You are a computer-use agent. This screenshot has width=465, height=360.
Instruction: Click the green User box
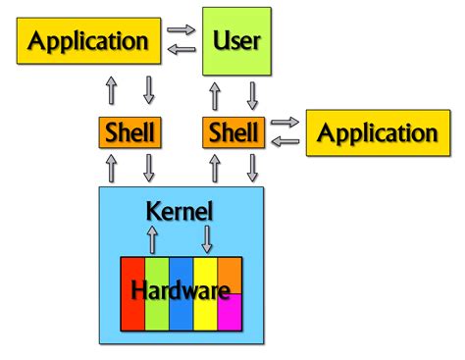click(x=236, y=41)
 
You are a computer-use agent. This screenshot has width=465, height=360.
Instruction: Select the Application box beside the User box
click(x=89, y=41)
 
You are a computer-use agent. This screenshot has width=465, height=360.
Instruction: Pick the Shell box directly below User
click(x=232, y=132)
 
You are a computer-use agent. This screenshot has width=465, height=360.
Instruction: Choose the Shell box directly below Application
click(x=129, y=132)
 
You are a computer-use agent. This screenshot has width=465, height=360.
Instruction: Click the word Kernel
click(x=179, y=211)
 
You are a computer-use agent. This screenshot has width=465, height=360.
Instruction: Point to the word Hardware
click(x=181, y=290)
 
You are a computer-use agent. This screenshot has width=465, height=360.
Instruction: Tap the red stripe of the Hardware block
click(x=131, y=314)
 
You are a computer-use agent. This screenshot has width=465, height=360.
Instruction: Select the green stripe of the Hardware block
click(x=156, y=314)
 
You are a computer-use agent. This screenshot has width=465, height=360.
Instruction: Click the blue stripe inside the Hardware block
click(x=181, y=314)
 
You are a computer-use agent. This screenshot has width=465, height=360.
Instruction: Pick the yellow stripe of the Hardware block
click(x=205, y=314)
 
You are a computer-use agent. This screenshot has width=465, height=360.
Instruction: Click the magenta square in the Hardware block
click(x=230, y=314)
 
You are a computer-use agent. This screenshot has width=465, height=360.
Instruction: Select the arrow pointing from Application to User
click(x=181, y=29)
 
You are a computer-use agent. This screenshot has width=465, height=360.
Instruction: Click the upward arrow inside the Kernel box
click(x=152, y=237)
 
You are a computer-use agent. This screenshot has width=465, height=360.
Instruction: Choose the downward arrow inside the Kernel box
click(x=208, y=237)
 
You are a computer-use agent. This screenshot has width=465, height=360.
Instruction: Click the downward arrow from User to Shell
click(x=252, y=95)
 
